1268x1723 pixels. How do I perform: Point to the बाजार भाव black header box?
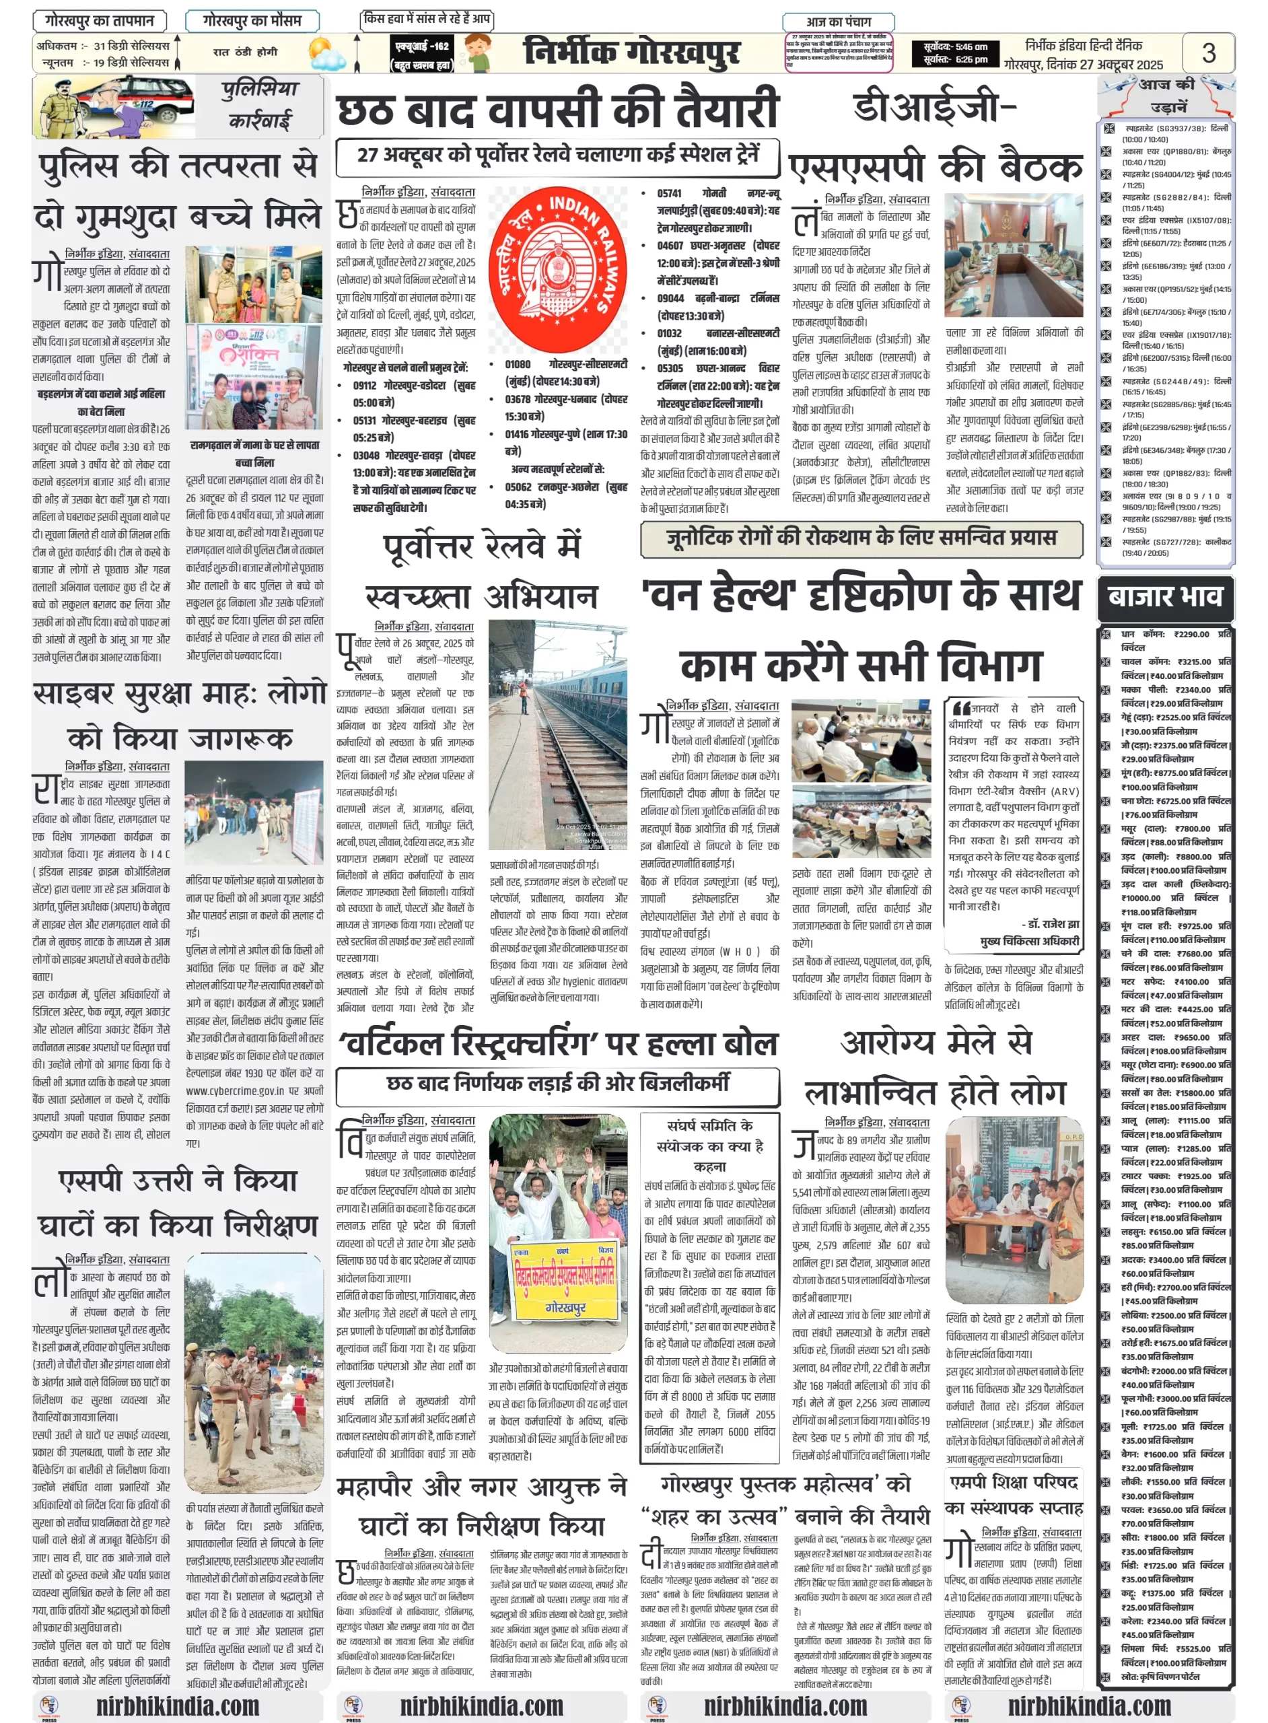pos(1164,597)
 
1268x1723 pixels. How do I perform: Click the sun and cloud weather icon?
pos(327,55)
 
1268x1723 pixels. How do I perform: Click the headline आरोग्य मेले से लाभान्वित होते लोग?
pos(936,1067)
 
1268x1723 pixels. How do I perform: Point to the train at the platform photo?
pos(557,734)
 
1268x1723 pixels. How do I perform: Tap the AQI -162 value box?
pos(421,53)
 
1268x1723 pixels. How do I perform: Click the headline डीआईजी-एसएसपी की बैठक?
pos(936,138)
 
